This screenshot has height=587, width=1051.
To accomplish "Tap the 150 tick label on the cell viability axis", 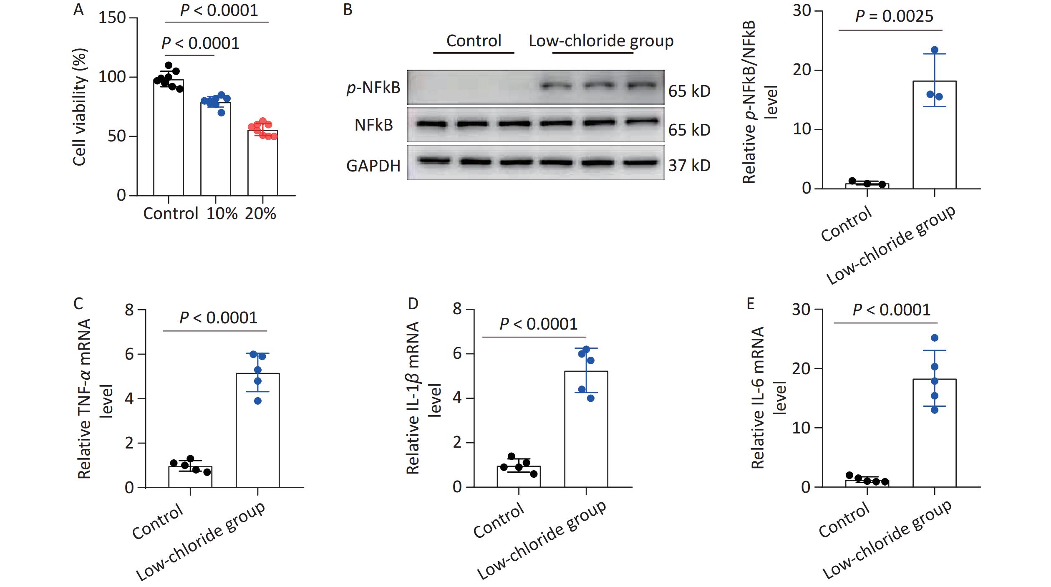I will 112,18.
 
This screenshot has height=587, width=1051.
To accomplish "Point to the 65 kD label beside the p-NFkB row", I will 689,91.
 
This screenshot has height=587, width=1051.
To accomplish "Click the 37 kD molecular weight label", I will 689,166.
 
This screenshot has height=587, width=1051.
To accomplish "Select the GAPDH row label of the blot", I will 373,166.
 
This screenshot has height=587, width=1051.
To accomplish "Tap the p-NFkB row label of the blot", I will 373,88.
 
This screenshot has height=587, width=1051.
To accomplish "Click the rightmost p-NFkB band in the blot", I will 642,86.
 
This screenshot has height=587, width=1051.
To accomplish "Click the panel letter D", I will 413,304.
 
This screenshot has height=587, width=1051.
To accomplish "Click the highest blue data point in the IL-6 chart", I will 935,338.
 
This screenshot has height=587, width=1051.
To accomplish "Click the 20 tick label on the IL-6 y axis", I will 801,369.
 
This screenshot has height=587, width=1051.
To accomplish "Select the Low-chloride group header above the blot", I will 601,41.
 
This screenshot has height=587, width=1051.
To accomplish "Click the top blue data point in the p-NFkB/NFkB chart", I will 935,50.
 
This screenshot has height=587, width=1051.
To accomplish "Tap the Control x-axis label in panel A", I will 170,214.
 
